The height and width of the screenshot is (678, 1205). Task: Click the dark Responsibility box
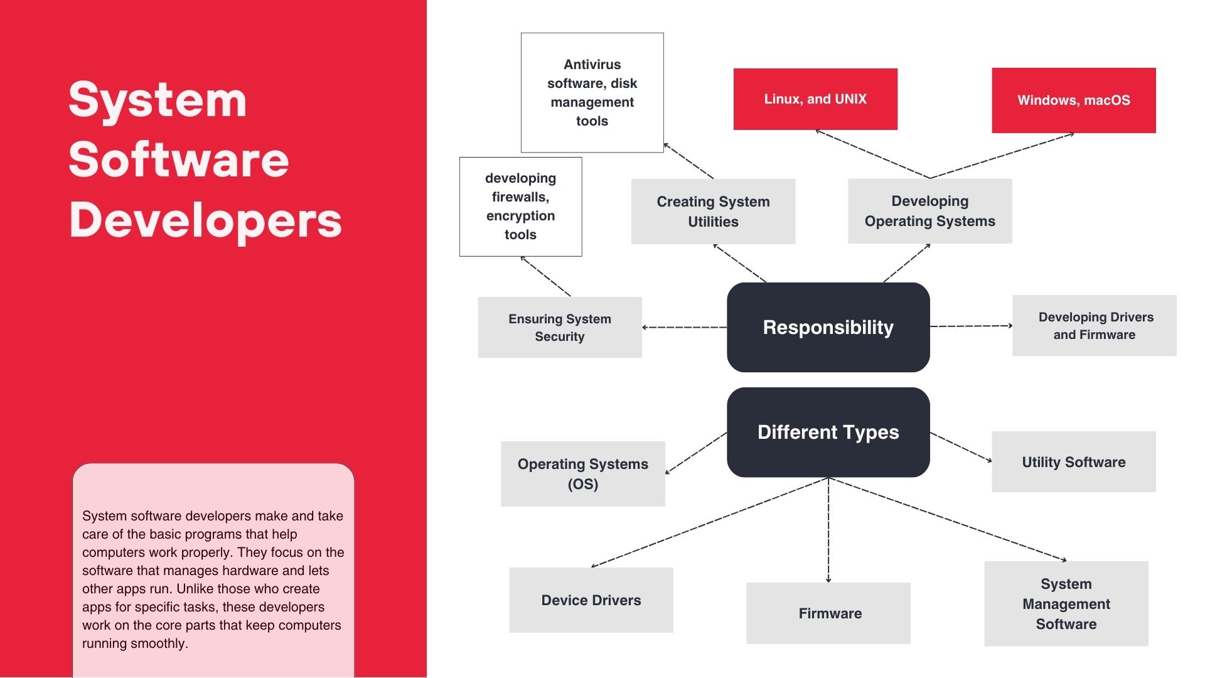pos(828,327)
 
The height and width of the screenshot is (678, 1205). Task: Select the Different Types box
pos(828,432)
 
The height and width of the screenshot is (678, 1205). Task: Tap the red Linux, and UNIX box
pos(815,99)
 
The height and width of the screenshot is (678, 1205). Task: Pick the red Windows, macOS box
pos(1073,100)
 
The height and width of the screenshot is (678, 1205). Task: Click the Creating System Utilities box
pos(713,212)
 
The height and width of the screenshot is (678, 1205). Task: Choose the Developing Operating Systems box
pos(929,211)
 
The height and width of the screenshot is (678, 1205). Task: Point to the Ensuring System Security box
pos(559,327)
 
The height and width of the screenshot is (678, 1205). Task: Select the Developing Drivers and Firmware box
pos(1094,326)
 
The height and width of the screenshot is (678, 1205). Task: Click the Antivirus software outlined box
pos(592,92)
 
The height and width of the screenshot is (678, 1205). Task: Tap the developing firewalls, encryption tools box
pos(520,207)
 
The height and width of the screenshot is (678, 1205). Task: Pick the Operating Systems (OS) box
pos(582,474)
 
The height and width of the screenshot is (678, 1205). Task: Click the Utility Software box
pos(1073,462)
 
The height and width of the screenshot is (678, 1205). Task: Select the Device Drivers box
pos(591,600)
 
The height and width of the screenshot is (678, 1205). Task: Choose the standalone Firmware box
pos(828,613)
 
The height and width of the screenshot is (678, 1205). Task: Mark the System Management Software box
pos(1066,604)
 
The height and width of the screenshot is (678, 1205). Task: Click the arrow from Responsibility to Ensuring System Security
pos(684,327)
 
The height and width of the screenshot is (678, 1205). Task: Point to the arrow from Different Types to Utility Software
pos(961,447)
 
